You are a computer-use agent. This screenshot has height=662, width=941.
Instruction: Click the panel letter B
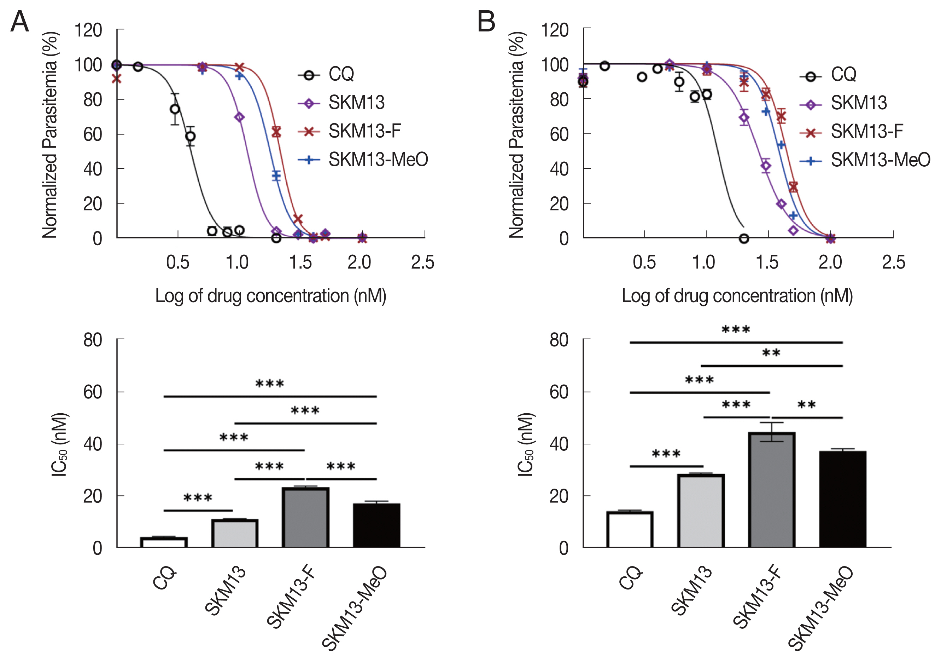click(486, 21)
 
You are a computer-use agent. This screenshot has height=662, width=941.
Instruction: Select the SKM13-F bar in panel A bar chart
click(305, 518)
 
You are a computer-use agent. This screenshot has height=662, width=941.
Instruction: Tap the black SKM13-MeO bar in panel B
click(843, 499)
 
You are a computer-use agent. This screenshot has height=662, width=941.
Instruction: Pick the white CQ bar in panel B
click(630, 530)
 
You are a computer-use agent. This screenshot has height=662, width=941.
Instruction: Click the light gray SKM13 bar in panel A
click(235, 533)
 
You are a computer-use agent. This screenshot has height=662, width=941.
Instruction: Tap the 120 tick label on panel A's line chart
click(88, 30)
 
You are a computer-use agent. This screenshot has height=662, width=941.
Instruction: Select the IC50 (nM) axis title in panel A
click(60, 445)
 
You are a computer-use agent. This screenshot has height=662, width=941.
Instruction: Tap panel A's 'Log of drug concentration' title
click(270, 296)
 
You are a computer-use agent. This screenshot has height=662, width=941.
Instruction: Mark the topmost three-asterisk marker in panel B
click(736, 330)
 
